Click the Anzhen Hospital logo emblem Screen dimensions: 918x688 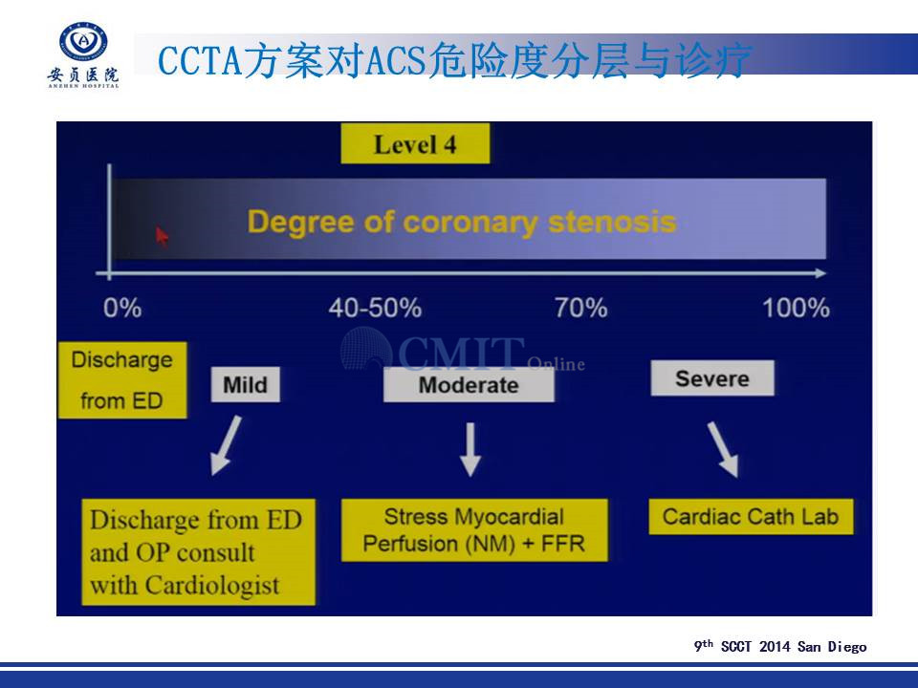(x=84, y=42)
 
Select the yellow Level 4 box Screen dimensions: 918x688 (x=415, y=144)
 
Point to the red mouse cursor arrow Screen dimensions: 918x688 (x=163, y=237)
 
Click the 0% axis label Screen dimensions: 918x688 (x=122, y=308)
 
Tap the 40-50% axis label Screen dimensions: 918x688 (x=375, y=308)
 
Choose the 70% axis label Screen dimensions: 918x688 (x=580, y=308)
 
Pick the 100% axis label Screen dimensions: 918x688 (x=796, y=308)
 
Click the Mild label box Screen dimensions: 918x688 (x=246, y=384)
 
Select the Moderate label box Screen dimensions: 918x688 (x=469, y=384)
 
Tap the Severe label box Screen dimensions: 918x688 (x=711, y=378)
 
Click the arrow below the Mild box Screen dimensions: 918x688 (x=226, y=445)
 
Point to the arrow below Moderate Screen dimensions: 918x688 (x=470, y=450)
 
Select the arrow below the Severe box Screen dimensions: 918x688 (x=723, y=450)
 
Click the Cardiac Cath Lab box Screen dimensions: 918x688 (x=751, y=517)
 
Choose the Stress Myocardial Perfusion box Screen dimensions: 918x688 (x=474, y=530)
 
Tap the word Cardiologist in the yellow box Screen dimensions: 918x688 (x=212, y=586)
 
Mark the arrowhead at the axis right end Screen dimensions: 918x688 (x=820, y=273)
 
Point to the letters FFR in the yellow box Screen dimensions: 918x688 (x=562, y=544)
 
